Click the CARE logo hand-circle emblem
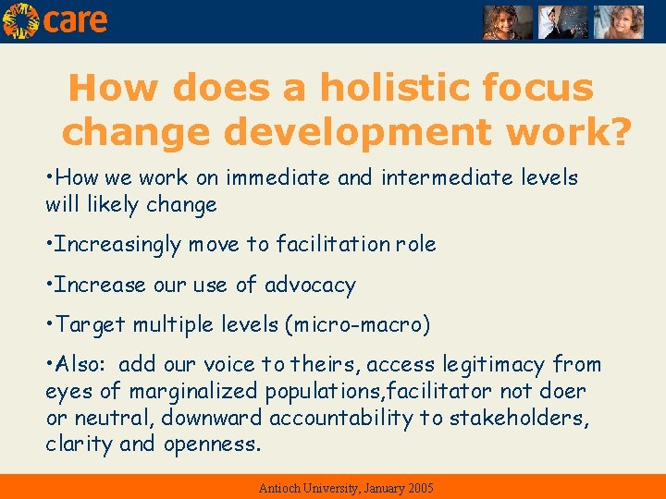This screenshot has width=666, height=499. point(20,20)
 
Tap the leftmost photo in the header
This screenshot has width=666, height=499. point(508,22)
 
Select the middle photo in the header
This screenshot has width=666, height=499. point(563,22)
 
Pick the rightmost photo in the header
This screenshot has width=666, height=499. point(618,22)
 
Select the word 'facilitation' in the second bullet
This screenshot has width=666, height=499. point(329,244)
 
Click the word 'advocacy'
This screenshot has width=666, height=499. point(310,285)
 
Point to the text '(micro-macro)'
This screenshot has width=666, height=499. point(358,325)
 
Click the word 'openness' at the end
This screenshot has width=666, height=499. point(212,444)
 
